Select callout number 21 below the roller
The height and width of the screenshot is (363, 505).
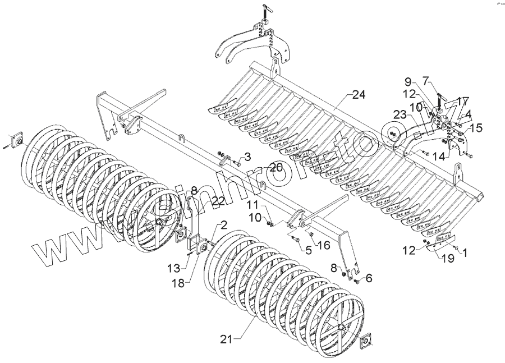click(x=226, y=339)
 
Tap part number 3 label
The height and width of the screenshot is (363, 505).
click(x=247, y=155)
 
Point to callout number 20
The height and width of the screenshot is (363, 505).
click(x=276, y=167)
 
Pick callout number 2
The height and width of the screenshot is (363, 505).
click(x=223, y=226)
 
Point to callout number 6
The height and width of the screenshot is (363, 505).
click(x=369, y=278)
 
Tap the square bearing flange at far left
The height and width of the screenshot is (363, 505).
click(x=17, y=138)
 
